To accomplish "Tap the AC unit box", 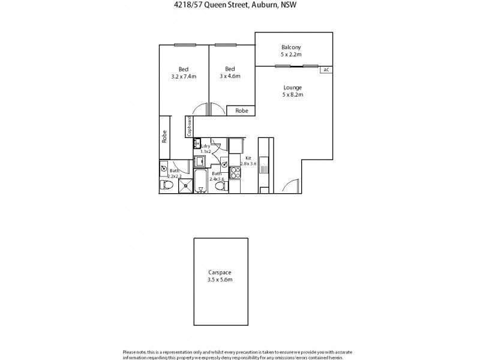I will pyautogui.click(x=326, y=70).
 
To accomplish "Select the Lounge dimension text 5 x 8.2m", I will pyautogui.click(x=293, y=94).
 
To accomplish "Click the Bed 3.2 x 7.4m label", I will pyautogui.click(x=184, y=76).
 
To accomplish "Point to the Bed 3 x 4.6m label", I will pyautogui.click(x=230, y=76).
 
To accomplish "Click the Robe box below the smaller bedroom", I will pyautogui.click(x=241, y=110).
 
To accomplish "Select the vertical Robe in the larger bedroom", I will pyautogui.click(x=164, y=137).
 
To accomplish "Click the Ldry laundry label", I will pyautogui.click(x=206, y=146).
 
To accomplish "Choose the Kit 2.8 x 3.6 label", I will pyautogui.click(x=248, y=161).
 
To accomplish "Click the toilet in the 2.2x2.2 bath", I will pyautogui.click(x=168, y=187).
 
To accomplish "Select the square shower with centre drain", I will pyautogui.click(x=186, y=185).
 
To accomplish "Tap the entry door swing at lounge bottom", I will pyautogui.click(x=291, y=187).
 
